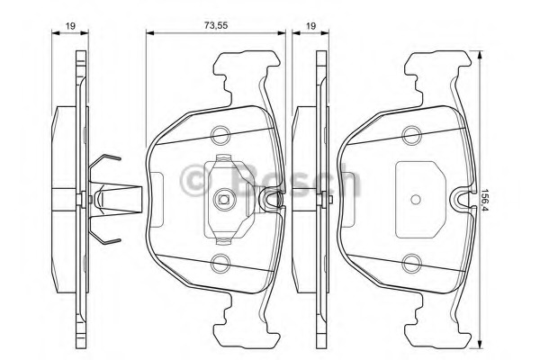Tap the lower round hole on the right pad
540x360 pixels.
[412, 263]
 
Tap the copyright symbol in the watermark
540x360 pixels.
[196, 181]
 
